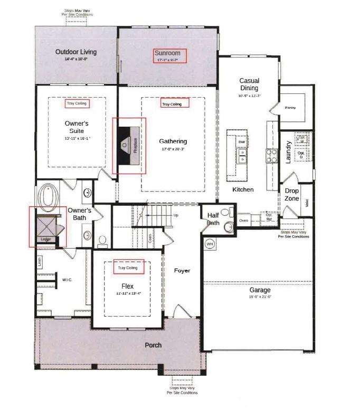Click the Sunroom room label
click(167, 53)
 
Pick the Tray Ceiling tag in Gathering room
click(172, 104)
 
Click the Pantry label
click(290, 108)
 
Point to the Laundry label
click(289, 152)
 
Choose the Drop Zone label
click(292, 195)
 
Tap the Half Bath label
click(213, 219)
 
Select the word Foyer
click(182, 271)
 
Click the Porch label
click(154, 345)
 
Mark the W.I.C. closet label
click(67, 280)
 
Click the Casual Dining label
click(249, 84)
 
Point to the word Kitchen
click(243, 189)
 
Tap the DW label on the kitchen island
click(241, 142)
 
